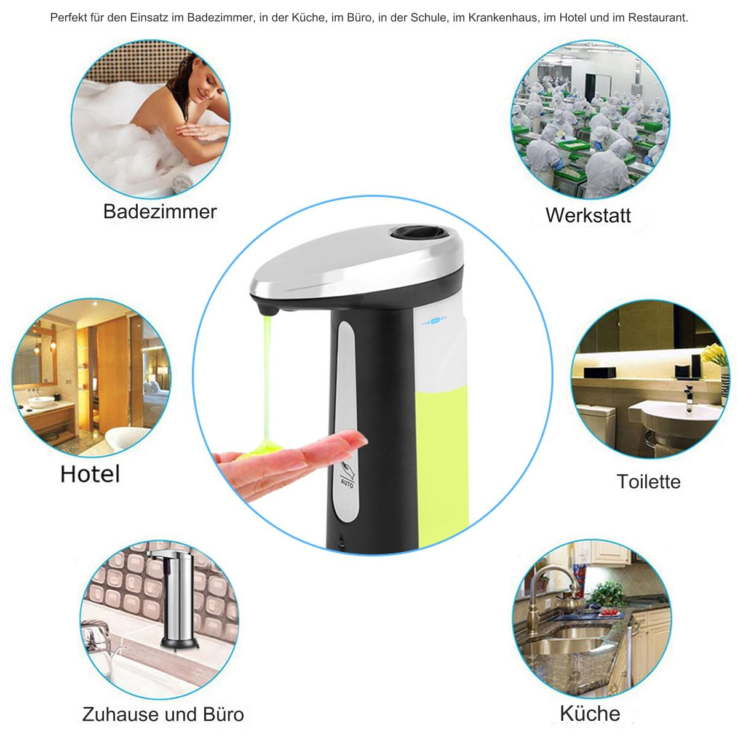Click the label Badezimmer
[160, 212]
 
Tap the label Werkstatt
[588, 215]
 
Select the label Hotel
[90, 474]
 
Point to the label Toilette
[648, 482]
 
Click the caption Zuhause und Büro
[163, 715]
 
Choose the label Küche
[590, 713]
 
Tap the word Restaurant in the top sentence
[657, 18]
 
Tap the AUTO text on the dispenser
[347, 483]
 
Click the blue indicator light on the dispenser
[435, 321]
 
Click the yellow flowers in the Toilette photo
[716, 354]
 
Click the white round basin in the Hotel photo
[41, 402]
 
